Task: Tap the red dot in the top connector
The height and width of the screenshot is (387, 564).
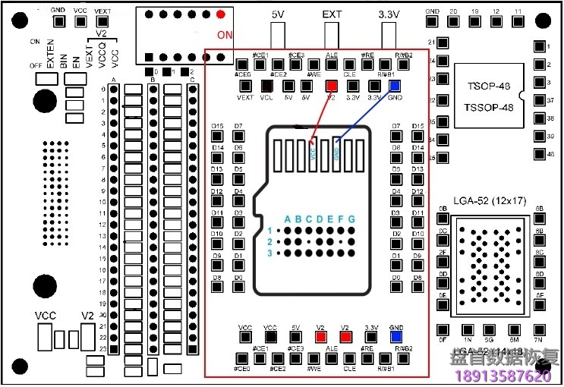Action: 221,14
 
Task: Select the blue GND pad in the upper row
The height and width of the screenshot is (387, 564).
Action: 395,86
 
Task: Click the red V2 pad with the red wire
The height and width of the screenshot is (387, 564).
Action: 332,86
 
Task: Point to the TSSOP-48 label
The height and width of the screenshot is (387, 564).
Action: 489,107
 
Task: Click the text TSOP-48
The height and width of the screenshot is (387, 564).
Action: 489,87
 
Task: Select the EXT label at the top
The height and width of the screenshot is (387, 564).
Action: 332,14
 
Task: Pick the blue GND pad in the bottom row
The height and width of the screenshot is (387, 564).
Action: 395,337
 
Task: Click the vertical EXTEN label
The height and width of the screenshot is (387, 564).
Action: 51,55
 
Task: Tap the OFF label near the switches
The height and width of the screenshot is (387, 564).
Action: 35,66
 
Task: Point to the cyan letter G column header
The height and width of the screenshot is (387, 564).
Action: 351,220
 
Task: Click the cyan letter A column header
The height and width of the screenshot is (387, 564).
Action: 288,220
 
